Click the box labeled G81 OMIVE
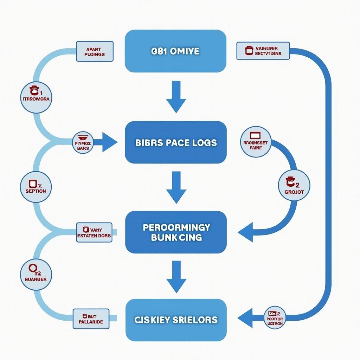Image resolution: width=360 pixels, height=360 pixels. pyautogui.click(x=175, y=51)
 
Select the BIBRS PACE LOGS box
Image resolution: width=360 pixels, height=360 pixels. pyautogui.click(x=176, y=142)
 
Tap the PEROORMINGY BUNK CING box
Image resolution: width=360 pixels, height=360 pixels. pyautogui.click(x=176, y=232)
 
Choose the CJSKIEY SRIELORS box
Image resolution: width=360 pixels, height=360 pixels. pyautogui.click(x=176, y=320)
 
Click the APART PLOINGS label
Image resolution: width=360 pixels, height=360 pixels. pyautogui.click(x=95, y=52)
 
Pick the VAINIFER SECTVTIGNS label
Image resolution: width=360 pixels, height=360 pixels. pyautogui.click(x=263, y=51)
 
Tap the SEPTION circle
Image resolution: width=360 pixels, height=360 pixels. pyautogui.click(x=36, y=187)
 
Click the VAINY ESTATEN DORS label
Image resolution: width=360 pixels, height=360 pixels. pyautogui.click(x=94, y=232)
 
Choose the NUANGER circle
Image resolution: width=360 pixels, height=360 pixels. pyautogui.click(x=36, y=275)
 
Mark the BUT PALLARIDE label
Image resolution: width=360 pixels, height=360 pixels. pyautogui.click(x=91, y=319)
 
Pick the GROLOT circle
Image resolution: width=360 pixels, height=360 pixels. pyautogui.click(x=294, y=185)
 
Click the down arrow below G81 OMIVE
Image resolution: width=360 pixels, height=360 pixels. pyautogui.click(x=176, y=97)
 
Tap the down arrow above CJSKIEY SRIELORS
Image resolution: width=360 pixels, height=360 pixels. pyautogui.click(x=176, y=277)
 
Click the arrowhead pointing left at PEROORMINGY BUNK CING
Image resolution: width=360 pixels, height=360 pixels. pyautogui.click(x=246, y=232)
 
